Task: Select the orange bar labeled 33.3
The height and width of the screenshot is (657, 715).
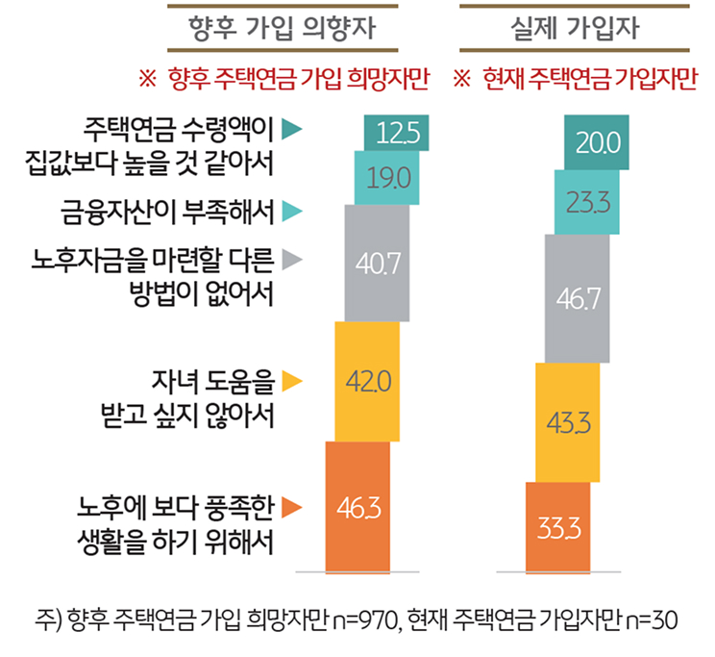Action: [x=557, y=527]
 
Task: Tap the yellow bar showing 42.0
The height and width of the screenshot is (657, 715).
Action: [x=368, y=382]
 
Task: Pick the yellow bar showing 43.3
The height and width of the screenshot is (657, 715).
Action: [x=567, y=422]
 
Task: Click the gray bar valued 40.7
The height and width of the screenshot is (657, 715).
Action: [x=377, y=263]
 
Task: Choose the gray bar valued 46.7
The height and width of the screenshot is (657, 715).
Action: [x=577, y=297]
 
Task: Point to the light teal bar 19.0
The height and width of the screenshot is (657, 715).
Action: [x=386, y=177]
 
